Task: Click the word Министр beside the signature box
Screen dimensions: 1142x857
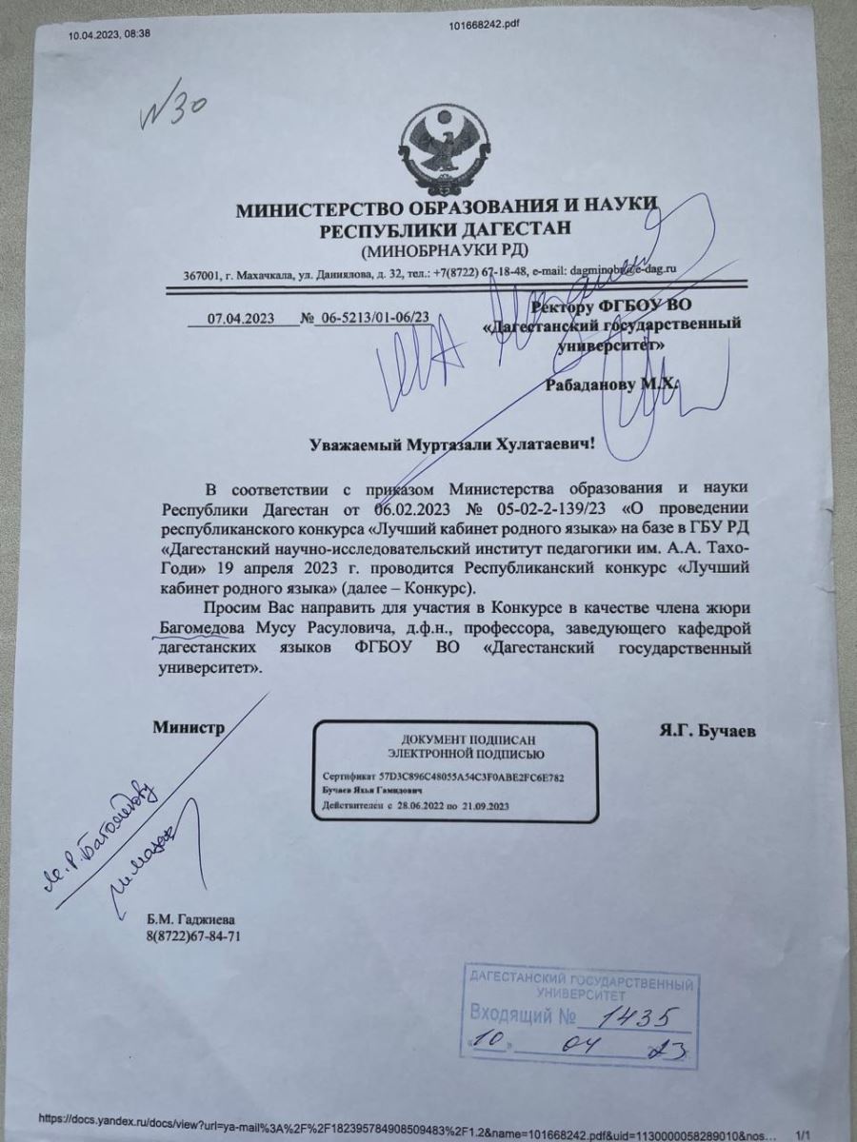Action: click(x=189, y=728)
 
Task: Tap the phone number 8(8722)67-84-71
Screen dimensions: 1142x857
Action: click(x=193, y=935)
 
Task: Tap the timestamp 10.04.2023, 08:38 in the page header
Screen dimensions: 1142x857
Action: click(x=109, y=34)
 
